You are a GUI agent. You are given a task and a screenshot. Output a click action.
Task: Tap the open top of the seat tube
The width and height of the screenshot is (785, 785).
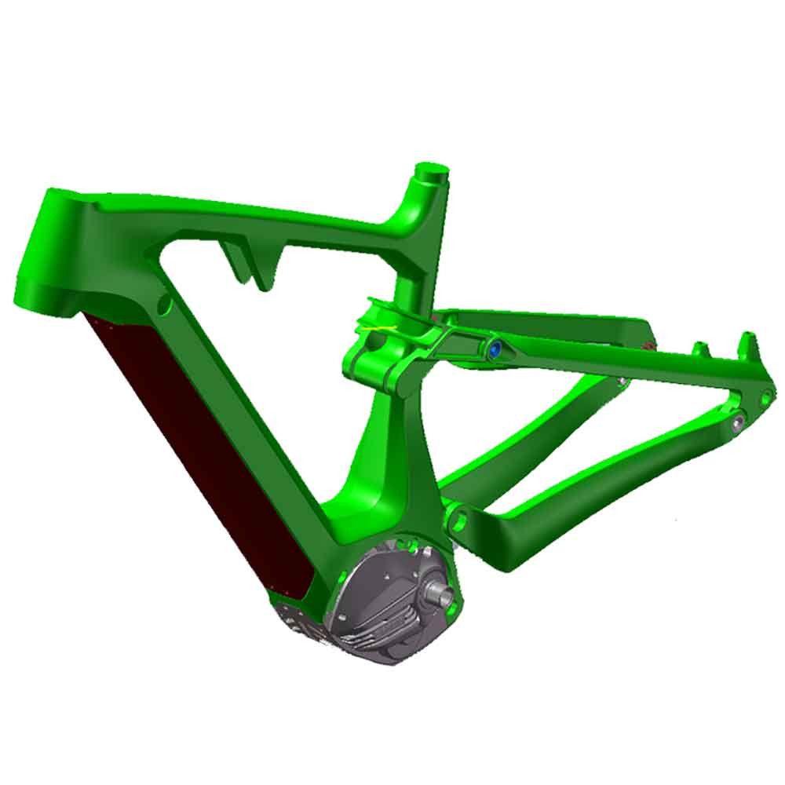coord(429,168)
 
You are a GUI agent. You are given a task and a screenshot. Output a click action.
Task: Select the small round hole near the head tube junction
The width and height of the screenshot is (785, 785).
coord(164,301)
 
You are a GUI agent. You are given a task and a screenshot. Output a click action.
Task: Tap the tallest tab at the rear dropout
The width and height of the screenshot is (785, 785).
coord(747,345)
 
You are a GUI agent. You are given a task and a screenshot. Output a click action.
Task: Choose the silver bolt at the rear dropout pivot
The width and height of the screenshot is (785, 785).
coord(738,424)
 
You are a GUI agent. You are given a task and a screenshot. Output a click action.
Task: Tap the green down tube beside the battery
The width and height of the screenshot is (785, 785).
coord(251,416)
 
